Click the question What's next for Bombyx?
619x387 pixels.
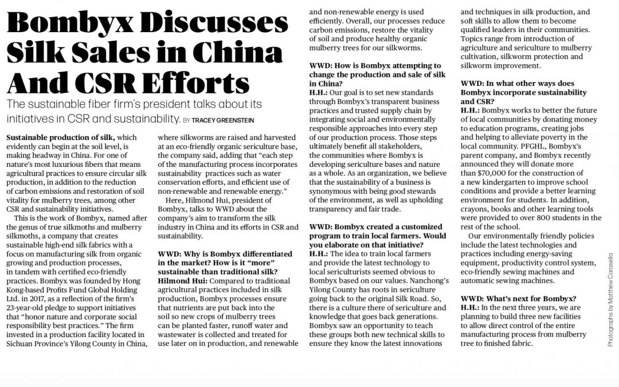pos(519,298)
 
